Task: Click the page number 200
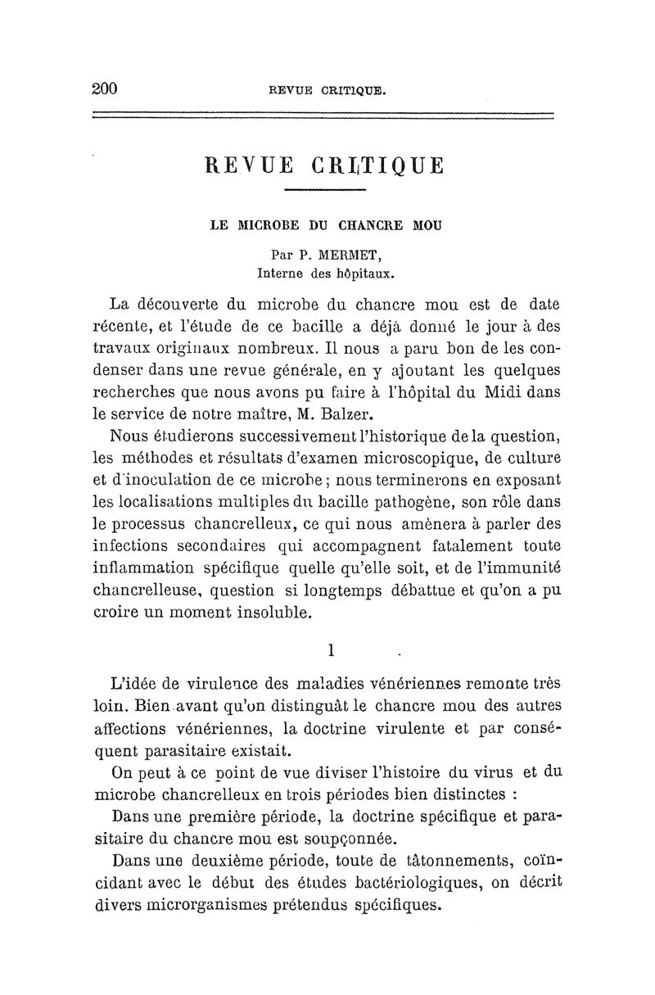point(106,89)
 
